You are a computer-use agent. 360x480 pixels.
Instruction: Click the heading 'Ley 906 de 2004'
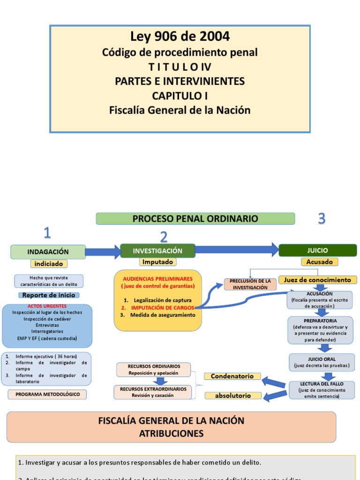point(180,36)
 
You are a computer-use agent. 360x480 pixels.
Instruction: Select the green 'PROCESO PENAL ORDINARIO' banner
point(195,218)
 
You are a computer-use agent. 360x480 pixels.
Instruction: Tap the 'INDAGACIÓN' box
point(48,252)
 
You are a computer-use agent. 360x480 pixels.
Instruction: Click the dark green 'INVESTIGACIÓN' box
point(157,251)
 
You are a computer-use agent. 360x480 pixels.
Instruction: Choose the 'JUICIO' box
point(317,250)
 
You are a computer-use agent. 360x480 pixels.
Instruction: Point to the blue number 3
point(322,218)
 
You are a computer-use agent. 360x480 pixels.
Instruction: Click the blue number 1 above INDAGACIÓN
point(47,232)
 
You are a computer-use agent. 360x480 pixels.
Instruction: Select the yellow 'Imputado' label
point(158,262)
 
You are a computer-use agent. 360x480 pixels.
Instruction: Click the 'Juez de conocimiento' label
point(317,280)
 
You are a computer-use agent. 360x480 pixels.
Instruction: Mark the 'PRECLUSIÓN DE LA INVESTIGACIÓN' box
point(250,284)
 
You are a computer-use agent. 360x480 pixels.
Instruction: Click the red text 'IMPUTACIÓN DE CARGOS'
point(162,307)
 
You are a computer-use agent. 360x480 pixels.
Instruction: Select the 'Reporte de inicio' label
point(49,295)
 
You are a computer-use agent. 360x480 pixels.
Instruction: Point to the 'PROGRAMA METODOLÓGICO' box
point(47,394)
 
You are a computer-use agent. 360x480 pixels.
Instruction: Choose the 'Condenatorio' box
point(232,376)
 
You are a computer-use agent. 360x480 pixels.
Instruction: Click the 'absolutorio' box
point(232,396)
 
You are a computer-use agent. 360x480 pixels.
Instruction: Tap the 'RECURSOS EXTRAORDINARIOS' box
point(153,392)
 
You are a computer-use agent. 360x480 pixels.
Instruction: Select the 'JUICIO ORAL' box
point(322,361)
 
